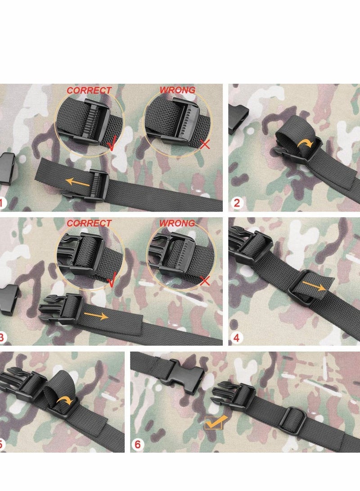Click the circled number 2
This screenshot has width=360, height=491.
pyautogui.click(x=237, y=203)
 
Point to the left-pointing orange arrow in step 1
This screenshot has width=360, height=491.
pyautogui.click(x=77, y=182)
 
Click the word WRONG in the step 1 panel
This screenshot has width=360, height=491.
pyautogui.click(x=178, y=90)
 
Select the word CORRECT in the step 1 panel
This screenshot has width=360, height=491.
pyautogui.click(x=89, y=90)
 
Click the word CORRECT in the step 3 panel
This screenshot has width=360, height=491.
pyautogui.click(x=89, y=223)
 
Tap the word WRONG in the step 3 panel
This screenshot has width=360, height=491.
pyautogui.click(x=178, y=223)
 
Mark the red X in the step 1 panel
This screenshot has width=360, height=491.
pyautogui.click(x=205, y=144)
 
